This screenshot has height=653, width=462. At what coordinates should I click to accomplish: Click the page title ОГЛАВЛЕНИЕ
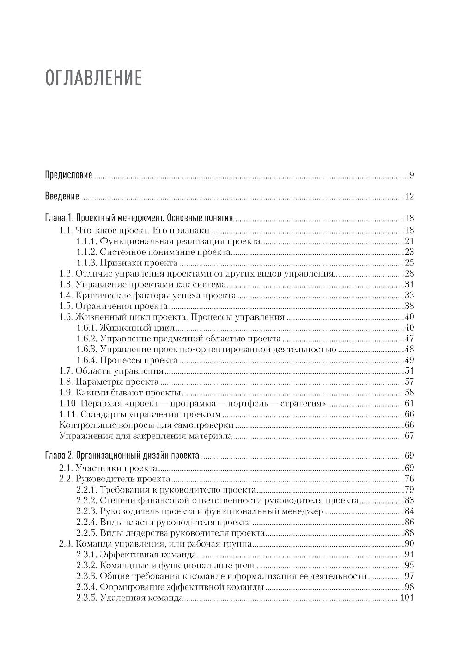tap(93, 78)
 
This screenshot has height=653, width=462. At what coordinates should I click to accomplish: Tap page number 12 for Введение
tap(409, 197)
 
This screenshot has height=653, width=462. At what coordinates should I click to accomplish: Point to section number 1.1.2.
tap(86, 252)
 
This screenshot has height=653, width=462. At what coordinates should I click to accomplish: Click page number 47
tap(409, 339)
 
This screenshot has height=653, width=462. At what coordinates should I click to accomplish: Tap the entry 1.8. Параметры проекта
tap(109, 382)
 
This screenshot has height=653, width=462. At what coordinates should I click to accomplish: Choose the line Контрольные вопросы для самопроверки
tap(146, 425)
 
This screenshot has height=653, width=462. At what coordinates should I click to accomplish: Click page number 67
tap(409, 436)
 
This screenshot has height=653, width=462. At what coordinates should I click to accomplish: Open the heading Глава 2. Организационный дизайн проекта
tap(122, 456)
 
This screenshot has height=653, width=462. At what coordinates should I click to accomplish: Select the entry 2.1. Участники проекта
tap(109, 468)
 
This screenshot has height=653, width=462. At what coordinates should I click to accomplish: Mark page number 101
tap(407, 598)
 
